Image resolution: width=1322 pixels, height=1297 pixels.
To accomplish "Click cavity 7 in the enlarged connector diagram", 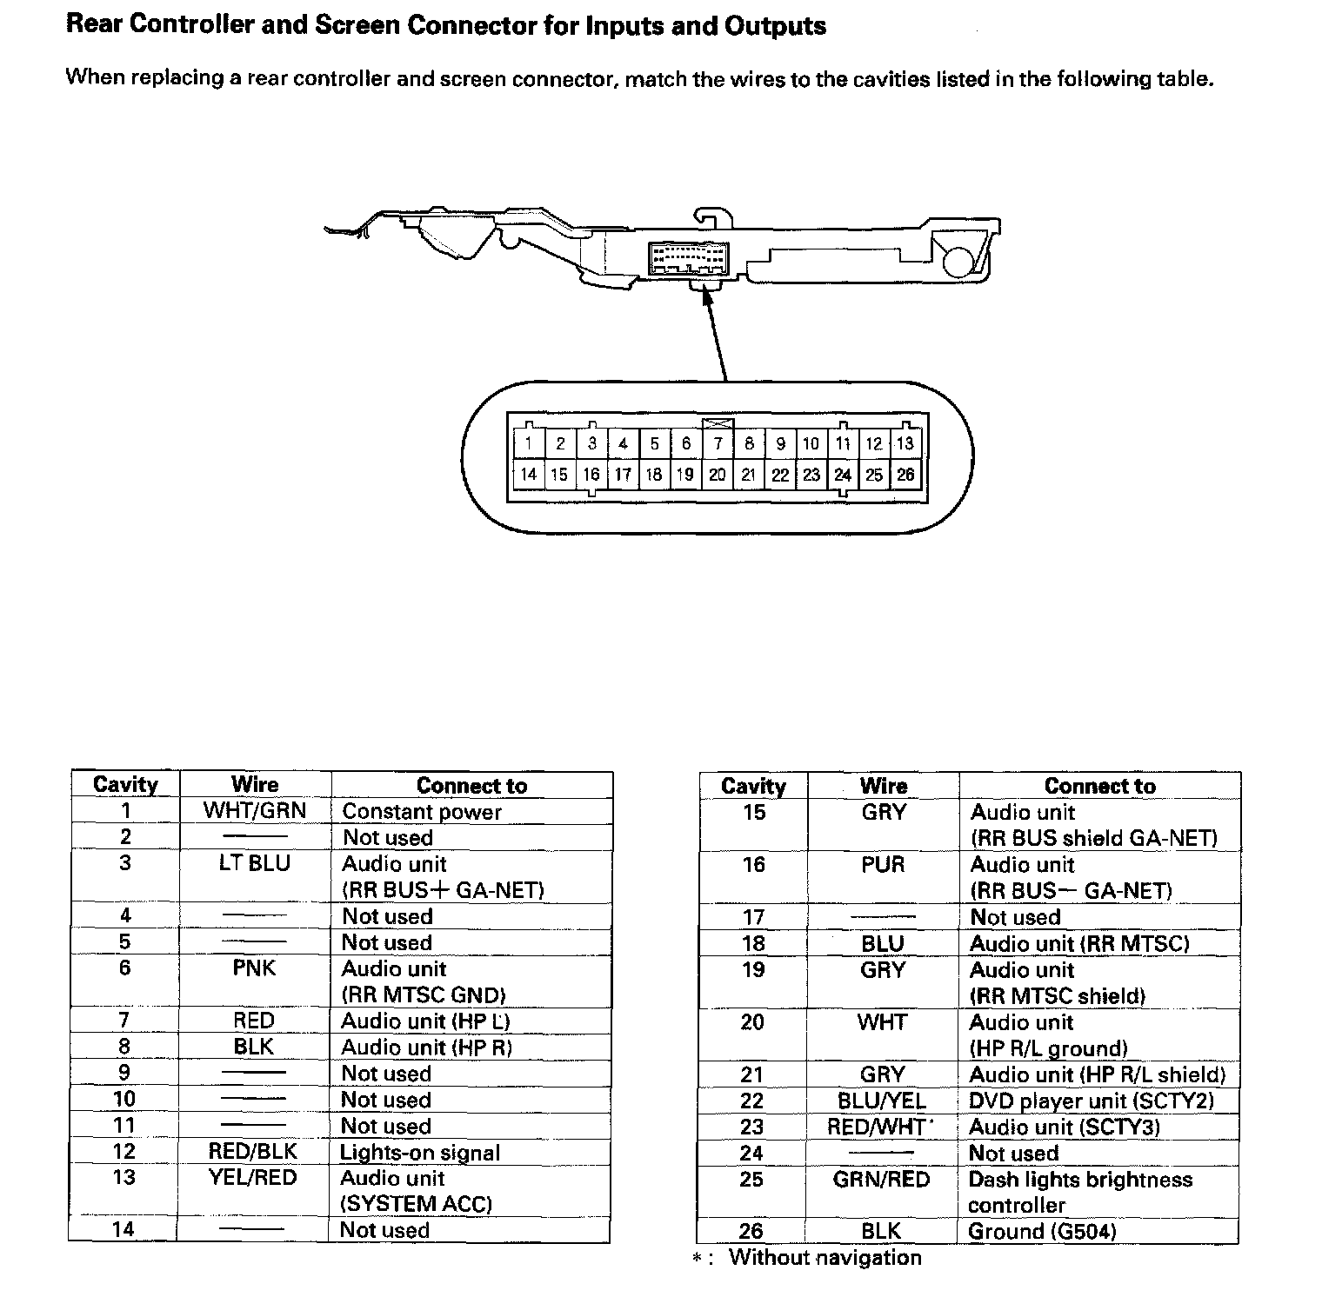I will point(718,443).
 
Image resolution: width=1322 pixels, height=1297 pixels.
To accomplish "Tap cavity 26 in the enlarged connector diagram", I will point(905,475).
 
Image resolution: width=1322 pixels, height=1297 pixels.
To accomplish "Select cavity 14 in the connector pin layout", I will point(528,475).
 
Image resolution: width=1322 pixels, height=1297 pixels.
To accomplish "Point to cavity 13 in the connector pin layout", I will point(905,443).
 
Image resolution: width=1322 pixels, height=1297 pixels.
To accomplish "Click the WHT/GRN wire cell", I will point(255,811).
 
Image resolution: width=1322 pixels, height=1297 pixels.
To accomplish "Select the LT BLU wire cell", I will point(255,864).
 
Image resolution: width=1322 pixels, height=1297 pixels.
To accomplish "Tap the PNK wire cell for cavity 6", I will point(254,968).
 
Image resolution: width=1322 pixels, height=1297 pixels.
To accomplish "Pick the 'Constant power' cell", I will point(422,812).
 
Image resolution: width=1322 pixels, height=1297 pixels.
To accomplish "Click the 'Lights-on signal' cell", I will point(420,1153).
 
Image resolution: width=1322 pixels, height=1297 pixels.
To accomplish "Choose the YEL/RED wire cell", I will point(253,1178).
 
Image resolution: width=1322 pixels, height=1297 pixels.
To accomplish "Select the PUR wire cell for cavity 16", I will point(883,865).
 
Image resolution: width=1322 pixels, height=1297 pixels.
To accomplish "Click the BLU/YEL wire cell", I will point(882,1101).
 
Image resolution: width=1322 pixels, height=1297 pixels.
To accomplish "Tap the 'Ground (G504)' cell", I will point(1042,1231).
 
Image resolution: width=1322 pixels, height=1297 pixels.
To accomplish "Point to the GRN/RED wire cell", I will point(881,1180).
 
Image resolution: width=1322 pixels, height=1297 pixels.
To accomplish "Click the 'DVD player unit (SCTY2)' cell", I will point(1091,1101).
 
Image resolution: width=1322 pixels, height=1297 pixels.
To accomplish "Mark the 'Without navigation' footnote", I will point(825,1257).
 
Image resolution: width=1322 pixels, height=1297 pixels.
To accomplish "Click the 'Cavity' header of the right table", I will point(753,786).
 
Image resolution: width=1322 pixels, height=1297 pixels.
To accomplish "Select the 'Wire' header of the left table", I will point(255,785).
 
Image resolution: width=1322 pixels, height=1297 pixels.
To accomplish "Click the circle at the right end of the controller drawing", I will point(958,261).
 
